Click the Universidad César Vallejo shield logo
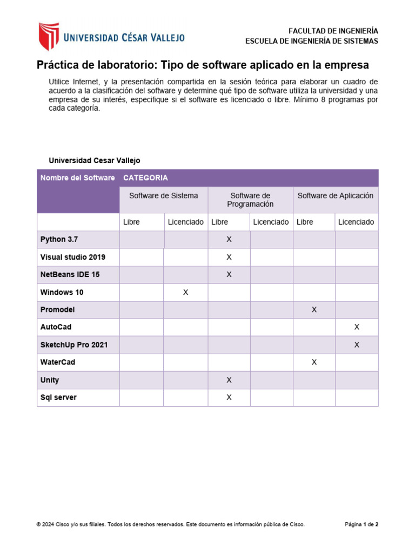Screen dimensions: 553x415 click(x=48, y=37)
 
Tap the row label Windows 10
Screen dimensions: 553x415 click(x=62, y=292)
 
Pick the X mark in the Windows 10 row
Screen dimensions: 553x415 click(x=185, y=292)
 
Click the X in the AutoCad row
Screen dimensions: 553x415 click(x=357, y=327)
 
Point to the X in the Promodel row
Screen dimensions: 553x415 click(x=314, y=310)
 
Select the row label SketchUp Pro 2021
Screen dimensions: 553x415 click(x=73, y=345)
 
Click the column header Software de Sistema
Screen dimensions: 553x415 click(x=163, y=195)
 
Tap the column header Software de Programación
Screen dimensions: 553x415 click(x=250, y=200)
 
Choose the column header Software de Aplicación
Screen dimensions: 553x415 click(x=335, y=195)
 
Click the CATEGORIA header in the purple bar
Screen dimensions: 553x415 click(x=145, y=178)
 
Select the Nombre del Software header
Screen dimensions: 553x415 click(x=77, y=178)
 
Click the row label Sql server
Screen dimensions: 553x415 click(x=58, y=397)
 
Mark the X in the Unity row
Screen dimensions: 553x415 click(x=229, y=380)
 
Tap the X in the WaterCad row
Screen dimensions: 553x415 click(x=314, y=362)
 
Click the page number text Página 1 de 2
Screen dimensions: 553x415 click(x=362, y=524)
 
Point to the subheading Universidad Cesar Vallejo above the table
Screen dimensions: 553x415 click(x=94, y=160)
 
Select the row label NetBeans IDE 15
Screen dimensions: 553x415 click(x=70, y=274)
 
